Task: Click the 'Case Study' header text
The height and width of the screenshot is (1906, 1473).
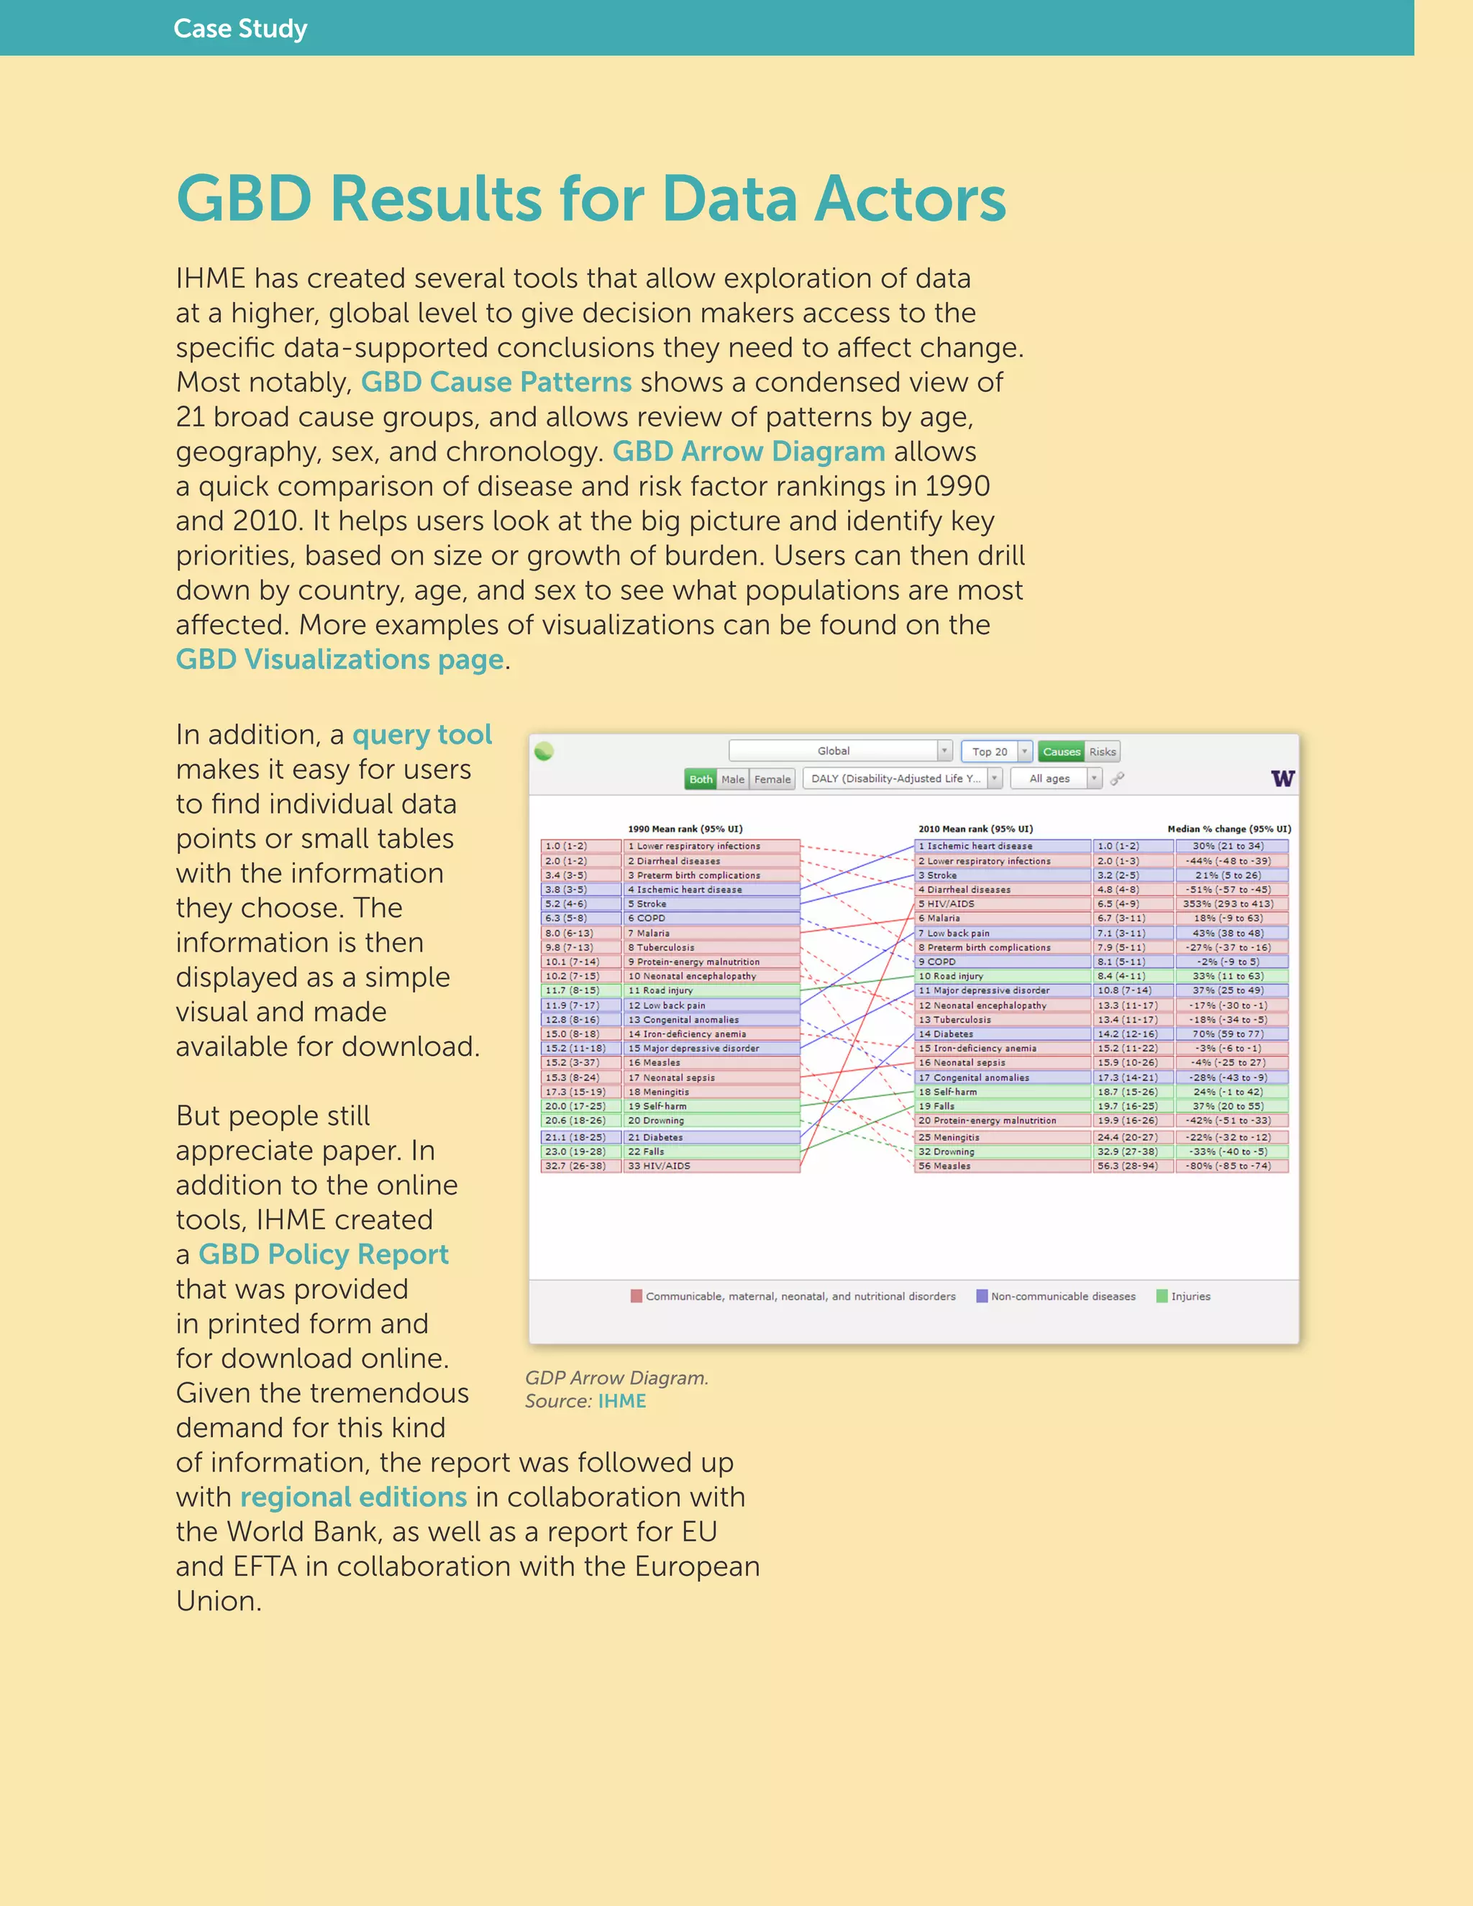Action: tap(240, 29)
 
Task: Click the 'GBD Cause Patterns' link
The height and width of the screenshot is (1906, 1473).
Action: tap(496, 382)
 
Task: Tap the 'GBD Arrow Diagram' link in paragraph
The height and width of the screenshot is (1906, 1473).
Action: tap(749, 451)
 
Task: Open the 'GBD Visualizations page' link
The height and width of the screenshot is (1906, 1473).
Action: tap(339, 660)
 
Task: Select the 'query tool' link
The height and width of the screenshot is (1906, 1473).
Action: tap(422, 735)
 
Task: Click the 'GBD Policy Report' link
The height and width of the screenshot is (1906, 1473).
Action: tap(323, 1254)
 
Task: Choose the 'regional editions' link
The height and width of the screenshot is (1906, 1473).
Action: tap(353, 1497)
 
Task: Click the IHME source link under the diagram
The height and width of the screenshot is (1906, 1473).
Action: tap(621, 1400)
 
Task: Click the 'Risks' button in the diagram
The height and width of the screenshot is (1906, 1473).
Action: tap(1102, 752)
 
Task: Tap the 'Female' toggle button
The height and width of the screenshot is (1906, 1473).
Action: tap(772, 778)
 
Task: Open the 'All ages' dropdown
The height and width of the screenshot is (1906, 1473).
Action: tap(1056, 778)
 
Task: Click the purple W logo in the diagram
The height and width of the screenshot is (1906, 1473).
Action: tap(1282, 778)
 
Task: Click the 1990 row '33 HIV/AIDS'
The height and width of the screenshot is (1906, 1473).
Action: tap(711, 1166)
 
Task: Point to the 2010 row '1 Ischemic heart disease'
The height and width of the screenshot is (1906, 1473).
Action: tap(1002, 846)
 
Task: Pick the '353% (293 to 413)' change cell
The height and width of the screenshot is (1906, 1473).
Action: tap(1231, 904)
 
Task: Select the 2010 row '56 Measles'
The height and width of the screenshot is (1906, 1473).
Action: tap(1002, 1166)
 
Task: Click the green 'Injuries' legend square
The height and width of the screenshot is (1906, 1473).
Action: tap(1162, 1296)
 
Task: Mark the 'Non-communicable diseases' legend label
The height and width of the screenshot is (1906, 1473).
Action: tap(1063, 1296)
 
